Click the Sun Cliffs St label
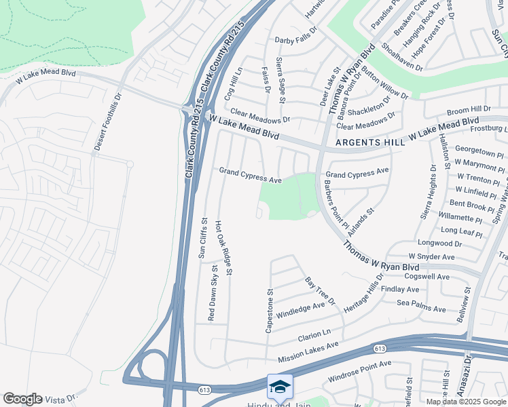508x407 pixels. click(202, 238)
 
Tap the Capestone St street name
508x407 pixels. click(270, 311)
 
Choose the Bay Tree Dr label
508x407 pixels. click(320, 290)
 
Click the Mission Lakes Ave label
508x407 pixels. click(308, 352)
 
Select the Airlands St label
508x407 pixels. click(361, 221)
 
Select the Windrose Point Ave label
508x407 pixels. click(359, 368)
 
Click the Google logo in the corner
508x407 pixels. click(22, 399)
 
